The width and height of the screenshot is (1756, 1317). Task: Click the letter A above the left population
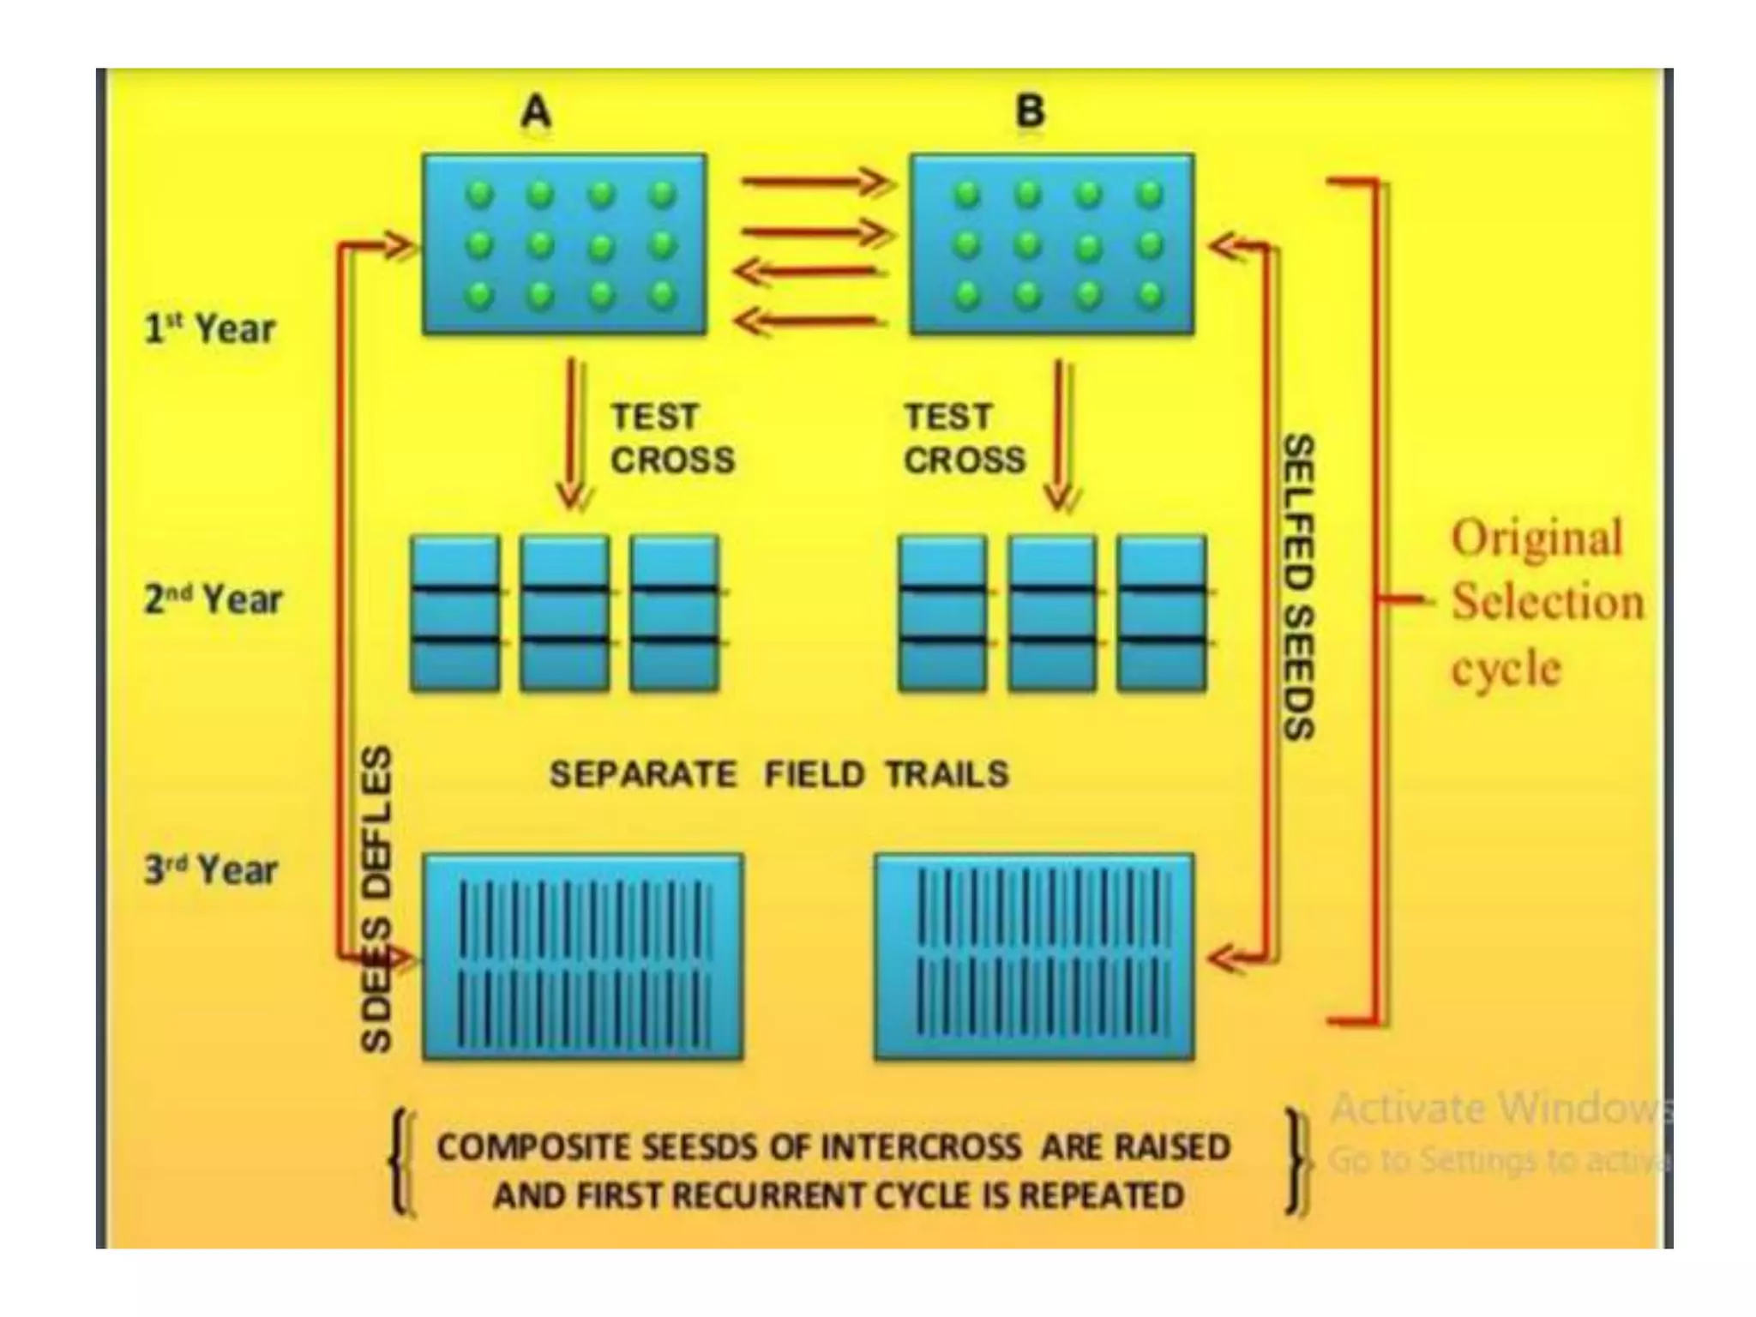[537, 111]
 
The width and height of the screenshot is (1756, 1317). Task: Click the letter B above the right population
[1030, 111]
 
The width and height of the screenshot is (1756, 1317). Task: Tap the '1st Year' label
[210, 329]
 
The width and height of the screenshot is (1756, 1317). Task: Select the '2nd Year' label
[213, 599]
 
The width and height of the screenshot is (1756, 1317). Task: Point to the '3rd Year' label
[211, 870]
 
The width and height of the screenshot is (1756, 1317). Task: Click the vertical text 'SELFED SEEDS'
[1298, 587]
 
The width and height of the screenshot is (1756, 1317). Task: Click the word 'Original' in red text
[1536, 538]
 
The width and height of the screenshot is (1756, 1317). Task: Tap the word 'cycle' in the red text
[1506, 670]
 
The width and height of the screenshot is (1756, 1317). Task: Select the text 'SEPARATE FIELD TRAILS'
[779, 774]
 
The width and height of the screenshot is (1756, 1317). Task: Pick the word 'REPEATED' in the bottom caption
[1101, 1195]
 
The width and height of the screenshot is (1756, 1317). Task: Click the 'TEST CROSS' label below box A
[672, 438]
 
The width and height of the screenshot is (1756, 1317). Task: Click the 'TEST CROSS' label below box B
[965, 438]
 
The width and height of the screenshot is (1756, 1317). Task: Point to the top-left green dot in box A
[480, 195]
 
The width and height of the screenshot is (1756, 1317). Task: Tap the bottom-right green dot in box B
[1149, 295]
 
